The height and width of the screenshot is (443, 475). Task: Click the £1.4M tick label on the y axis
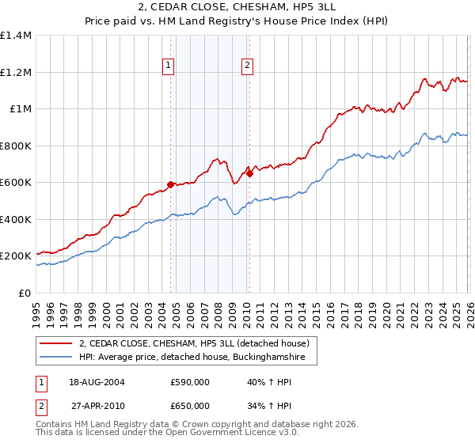click(x=16, y=36)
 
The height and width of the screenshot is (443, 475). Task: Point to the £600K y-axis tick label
click(x=16, y=183)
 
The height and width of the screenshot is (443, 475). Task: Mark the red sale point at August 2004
click(x=170, y=185)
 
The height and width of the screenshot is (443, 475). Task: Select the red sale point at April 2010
click(x=249, y=174)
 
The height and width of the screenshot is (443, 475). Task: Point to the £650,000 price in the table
click(x=190, y=405)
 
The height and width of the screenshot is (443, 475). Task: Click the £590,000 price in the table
click(x=190, y=382)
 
